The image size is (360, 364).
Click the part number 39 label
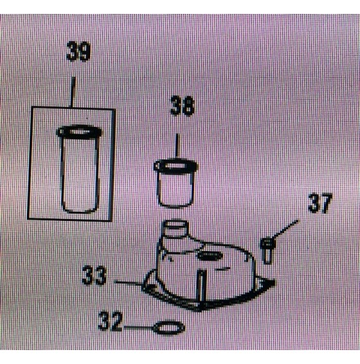tap(78, 52)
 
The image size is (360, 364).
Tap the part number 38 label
tap(182, 106)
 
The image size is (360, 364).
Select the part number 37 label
tap(320, 203)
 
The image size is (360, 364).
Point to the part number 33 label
tap(94, 276)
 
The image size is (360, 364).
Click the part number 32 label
tap(110, 321)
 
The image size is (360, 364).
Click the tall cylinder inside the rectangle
tap(79, 169)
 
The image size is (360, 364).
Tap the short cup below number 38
tap(176, 184)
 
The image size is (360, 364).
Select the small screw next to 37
tap(268, 250)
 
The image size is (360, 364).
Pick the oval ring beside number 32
tap(169, 328)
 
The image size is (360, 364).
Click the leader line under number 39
tap(73, 92)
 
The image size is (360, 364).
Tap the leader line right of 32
tap(138, 326)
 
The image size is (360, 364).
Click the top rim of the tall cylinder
tap(79, 132)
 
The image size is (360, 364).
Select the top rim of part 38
tap(176, 165)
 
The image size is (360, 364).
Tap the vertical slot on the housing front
tap(201, 285)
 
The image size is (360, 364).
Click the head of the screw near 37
tap(268, 242)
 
